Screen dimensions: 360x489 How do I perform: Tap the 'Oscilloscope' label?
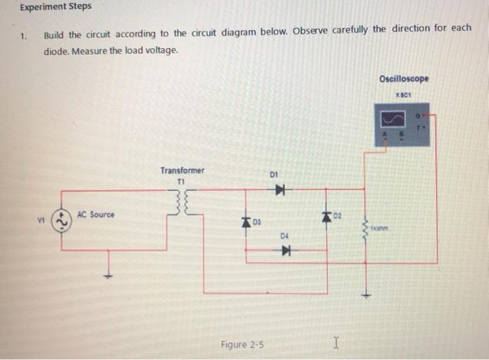point(404,78)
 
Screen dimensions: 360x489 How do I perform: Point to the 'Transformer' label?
point(182,171)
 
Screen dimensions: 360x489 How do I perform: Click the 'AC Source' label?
point(96,214)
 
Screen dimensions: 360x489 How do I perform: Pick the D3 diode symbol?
point(246,222)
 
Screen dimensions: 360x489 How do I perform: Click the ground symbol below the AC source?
point(108,274)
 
